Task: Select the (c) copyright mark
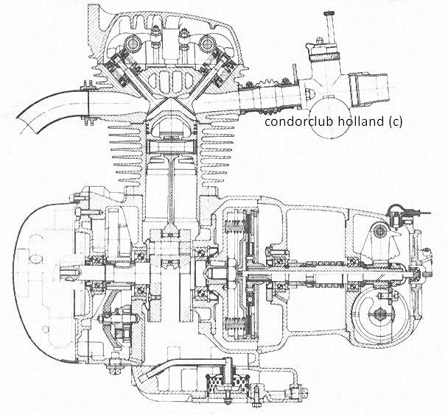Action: click(396, 122)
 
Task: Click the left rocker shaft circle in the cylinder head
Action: click(133, 43)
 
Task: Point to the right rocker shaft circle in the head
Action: click(206, 44)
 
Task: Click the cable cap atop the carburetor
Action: click(329, 13)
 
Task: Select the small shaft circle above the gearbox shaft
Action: click(380, 230)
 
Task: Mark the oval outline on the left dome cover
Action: click(35, 259)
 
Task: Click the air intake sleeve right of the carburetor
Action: click(368, 88)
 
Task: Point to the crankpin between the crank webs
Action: click(170, 250)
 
